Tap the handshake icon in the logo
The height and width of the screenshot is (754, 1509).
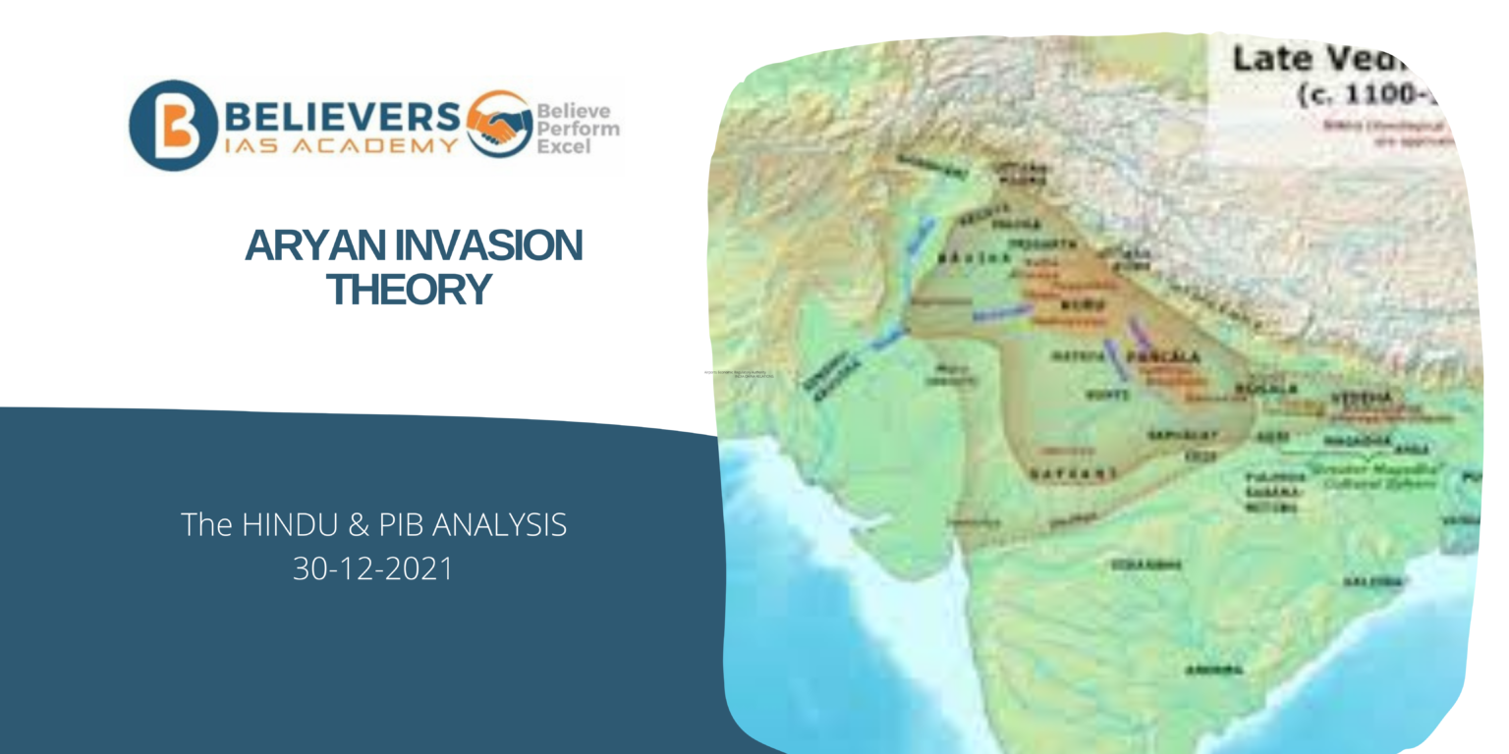[x=498, y=124]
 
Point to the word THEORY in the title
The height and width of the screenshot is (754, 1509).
[x=409, y=289]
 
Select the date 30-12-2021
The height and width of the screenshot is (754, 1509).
[x=373, y=568]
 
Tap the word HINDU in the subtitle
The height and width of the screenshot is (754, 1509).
[x=284, y=525]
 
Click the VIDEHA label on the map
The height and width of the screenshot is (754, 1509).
[x=1361, y=397]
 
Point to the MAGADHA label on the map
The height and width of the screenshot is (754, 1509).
[x=1356, y=441]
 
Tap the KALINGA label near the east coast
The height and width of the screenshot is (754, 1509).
[x=1373, y=581]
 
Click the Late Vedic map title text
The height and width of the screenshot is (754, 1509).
[x=1316, y=59]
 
